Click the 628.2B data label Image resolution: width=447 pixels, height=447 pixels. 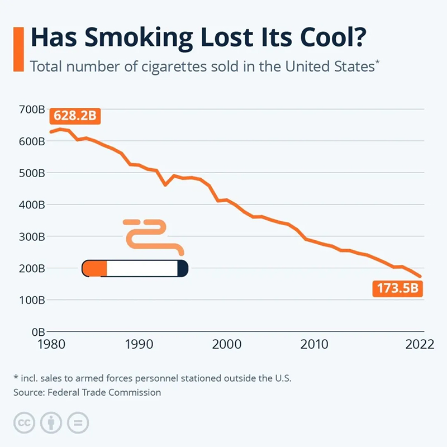[x=75, y=116]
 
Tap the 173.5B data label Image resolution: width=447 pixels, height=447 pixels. [x=398, y=288]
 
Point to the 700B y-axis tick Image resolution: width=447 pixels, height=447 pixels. [x=32, y=110]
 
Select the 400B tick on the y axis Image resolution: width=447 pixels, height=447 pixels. [x=32, y=205]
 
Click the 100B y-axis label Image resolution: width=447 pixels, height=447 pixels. [x=32, y=300]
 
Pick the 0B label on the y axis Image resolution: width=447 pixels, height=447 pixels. [x=38, y=332]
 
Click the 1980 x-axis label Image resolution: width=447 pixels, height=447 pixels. [x=51, y=344]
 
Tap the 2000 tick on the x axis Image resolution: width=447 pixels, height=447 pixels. [x=227, y=344]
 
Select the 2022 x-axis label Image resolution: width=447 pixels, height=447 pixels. [x=420, y=344]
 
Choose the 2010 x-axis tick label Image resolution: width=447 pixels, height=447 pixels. [x=314, y=344]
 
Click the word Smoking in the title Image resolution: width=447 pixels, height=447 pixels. [x=139, y=38]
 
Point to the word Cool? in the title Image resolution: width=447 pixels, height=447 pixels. [x=333, y=37]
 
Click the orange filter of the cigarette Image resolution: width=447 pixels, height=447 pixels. [x=94, y=268]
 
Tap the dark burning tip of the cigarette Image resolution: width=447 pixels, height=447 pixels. [x=183, y=268]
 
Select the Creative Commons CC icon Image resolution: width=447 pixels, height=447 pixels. [x=24, y=423]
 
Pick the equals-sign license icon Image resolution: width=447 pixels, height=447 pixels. [x=78, y=423]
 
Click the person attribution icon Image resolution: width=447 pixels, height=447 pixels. [x=51, y=423]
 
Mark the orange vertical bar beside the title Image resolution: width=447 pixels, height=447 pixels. [x=18, y=49]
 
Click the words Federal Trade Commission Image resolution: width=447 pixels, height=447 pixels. [x=104, y=393]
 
